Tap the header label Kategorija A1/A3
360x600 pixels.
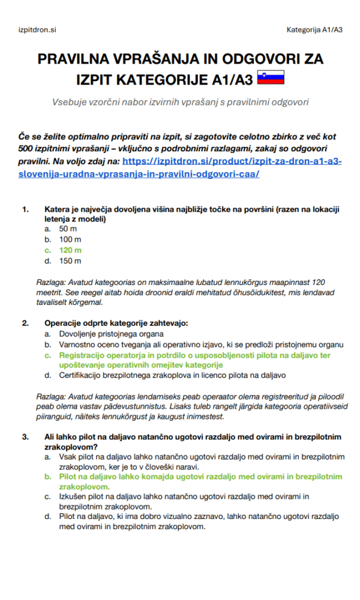coord(314,29)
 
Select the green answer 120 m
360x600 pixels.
coord(70,250)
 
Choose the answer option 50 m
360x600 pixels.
coord(68,229)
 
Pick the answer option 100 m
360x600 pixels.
coord(70,239)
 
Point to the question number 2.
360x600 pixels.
coord(25,323)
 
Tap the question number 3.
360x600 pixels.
coord(25,436)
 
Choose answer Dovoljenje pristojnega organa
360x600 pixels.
coord(111,334)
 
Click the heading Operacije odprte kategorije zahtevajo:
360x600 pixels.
coord(116,323)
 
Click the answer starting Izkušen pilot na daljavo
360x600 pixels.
coord(184,501)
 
